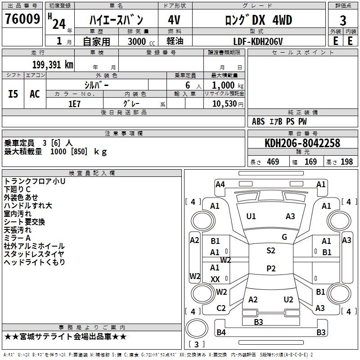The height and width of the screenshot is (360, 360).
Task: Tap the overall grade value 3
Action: [x=343, y=21]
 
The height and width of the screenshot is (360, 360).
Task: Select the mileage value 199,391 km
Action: [x=53, y=64]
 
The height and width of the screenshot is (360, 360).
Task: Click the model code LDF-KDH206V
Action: [x=258, y=41]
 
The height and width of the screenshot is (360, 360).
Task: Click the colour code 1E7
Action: [x=74, y=103]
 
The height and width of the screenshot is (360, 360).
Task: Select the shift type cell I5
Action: [x=13, y=94]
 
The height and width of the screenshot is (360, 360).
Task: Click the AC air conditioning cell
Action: [x=35, y=94]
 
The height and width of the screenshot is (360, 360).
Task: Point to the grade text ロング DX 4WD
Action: [x=258, y=20]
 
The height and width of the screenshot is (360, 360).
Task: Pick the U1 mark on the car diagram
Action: [x=251, y=216]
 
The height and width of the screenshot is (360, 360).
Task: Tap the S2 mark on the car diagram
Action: [x=271, y=251]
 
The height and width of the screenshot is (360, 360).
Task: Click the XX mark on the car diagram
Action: [x=215, y=279]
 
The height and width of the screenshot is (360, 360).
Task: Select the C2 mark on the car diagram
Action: [x=221, y=308]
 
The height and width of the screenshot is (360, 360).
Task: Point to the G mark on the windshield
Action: [x=284, y=237]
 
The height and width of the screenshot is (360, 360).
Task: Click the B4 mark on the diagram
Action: [x=221, y=333]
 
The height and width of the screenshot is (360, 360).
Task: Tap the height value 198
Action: [x=346, y=162]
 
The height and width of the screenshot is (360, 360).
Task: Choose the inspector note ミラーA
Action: [x=17, y=238]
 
